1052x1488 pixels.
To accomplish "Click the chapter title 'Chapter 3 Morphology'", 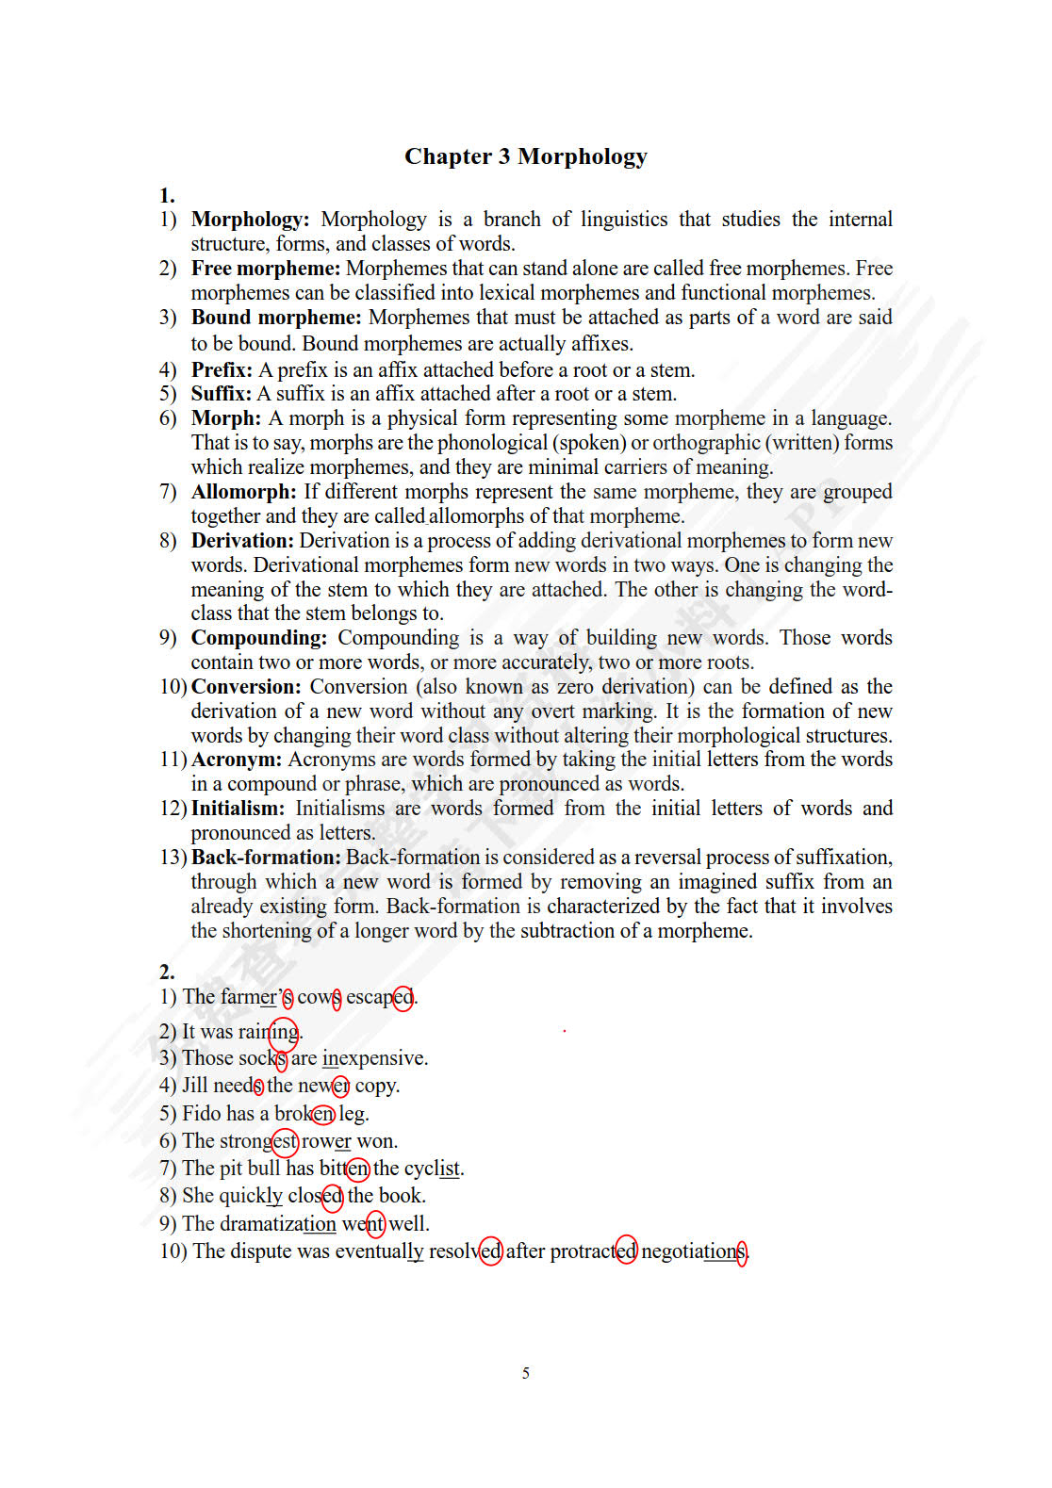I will click(x=525, y=156).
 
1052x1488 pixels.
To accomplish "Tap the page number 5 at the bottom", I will click(x=525, y=1373).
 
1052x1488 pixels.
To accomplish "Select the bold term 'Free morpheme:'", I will click(x=266, y=269).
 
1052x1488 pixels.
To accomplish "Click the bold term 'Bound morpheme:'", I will click(x=276, y=318).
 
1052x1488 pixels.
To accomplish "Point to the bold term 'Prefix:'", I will click(x=222, y=369).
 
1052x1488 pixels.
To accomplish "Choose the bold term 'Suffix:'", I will click(x=222, y=394).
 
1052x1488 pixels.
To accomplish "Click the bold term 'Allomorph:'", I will click(x=243, y=492).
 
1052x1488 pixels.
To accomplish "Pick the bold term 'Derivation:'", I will click(x=242, y=541).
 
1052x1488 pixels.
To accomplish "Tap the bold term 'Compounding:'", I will click(x=259, y=638).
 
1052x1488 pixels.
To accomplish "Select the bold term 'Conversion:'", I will click(x=246, y=687).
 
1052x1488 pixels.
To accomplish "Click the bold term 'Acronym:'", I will click(x=237, y=760).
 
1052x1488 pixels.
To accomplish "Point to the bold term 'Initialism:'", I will click(x=238, y=809).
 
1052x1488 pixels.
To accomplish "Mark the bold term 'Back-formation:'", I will click(x=266, y=858).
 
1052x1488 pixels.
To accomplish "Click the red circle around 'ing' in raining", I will click(x=284, y=1033).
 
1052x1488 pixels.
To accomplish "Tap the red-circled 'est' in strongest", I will click(x=285, y=1142).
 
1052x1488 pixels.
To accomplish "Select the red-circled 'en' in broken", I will click(x=322, y=1114).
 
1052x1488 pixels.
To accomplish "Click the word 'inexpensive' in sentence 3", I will click(x=374, y=1058).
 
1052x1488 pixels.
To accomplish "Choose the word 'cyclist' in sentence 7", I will click(x=433, y=1169).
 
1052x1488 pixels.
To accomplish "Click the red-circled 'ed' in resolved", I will click(x=490, y=1251).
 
